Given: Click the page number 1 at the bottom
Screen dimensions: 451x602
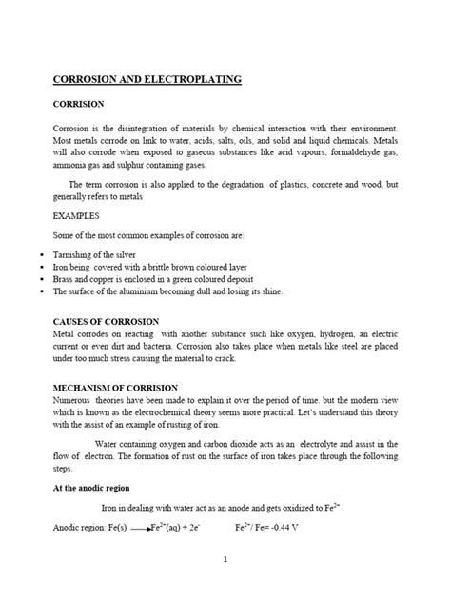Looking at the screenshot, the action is coord(225,561).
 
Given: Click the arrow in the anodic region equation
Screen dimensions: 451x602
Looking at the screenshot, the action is coord(135,526).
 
